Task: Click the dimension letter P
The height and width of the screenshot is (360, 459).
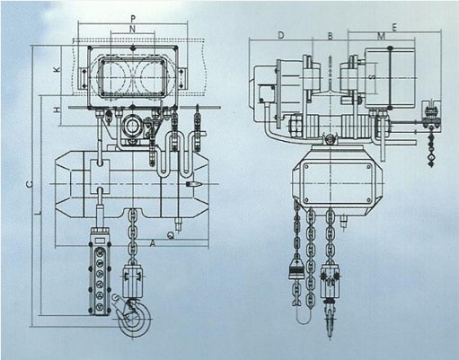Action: [133, 19]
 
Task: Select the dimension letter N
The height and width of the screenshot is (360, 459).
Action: [133, 29]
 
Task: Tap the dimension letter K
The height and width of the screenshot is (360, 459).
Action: [57, 69]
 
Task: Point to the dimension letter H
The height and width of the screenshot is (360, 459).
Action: [57, 110]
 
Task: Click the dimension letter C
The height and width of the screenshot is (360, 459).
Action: [30, 184]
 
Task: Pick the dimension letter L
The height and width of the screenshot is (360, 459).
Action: [38, 214]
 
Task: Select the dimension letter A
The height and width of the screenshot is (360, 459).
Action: [153, 244]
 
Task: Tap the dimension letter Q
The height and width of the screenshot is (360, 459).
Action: [171, 236]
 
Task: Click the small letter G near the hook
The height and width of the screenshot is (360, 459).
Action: [116, 297]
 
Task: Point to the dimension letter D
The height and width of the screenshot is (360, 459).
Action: [281, 35]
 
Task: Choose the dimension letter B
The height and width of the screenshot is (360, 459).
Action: [330, 36]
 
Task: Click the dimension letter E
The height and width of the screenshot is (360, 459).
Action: [394, 28]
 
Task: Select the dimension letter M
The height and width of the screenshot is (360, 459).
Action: [381, 37]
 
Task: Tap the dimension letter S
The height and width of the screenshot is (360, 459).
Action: [372, 77]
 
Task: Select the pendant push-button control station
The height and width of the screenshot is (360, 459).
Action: [100, 271]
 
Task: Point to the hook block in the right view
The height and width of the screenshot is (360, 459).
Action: [330, 285]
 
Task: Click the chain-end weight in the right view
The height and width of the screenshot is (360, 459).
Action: [296, 269]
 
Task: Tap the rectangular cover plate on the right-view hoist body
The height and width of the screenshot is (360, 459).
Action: [338, 183]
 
